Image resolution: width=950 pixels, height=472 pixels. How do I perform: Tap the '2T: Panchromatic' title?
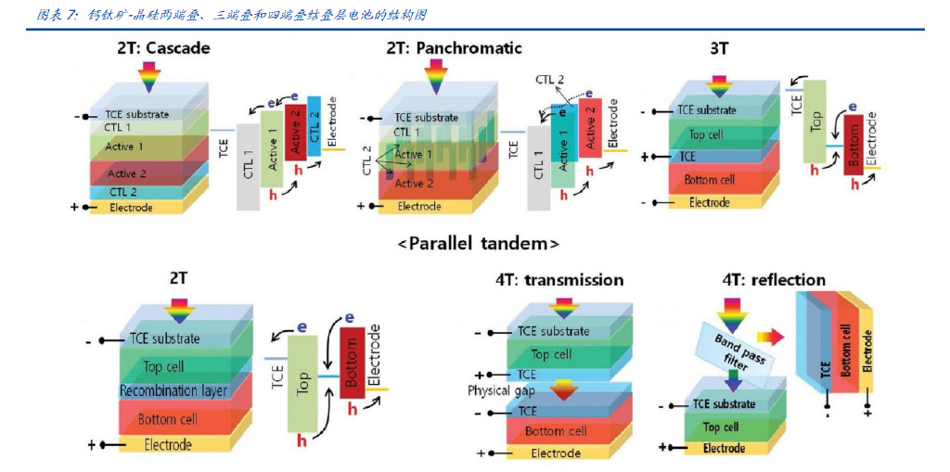454,48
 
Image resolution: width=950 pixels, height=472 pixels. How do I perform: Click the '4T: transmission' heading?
558,280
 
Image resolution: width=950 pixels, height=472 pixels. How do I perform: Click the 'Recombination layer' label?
174,391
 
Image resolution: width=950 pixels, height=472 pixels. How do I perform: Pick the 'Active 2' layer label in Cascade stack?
127,174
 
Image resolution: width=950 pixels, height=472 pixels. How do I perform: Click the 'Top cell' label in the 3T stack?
707,134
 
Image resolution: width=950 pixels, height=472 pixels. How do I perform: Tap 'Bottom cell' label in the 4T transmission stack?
556,431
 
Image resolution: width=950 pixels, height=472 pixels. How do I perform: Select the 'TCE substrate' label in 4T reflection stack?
724,404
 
